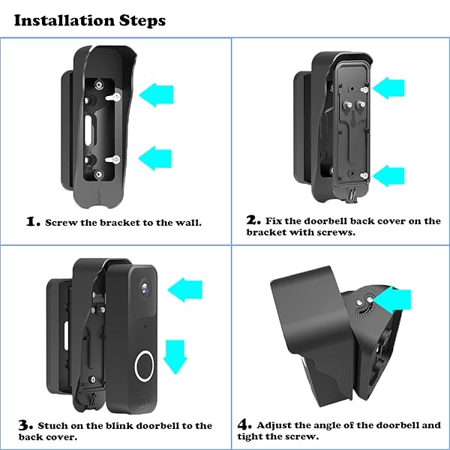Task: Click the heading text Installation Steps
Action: (x=90, y=19)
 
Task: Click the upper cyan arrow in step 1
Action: (x=160, y=94)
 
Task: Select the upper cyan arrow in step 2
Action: (x=388, y=89)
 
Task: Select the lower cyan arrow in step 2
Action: (x=388, y=176)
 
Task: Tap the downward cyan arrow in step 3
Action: (x=174, y=355)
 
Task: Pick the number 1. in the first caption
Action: (x=33, y=221)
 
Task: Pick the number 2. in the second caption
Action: (x=253, y=220)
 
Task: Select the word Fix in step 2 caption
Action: (x=274, y=221)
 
